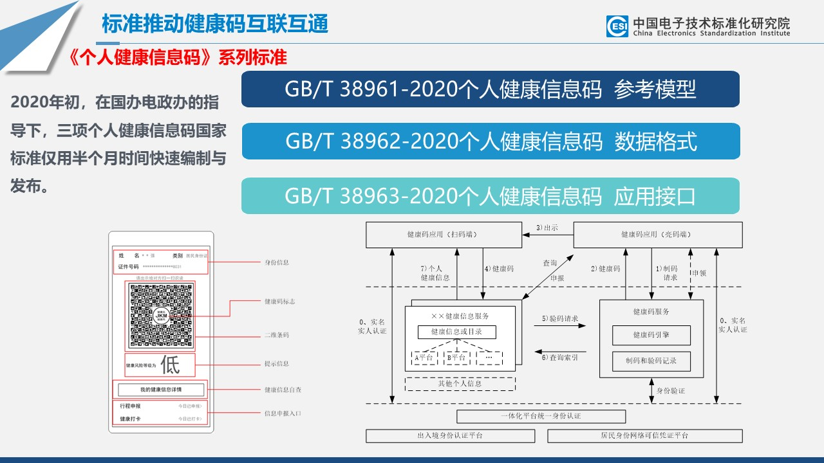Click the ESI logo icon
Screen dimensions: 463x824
617,26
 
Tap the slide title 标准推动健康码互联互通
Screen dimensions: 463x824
215,24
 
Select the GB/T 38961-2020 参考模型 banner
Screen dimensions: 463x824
490,89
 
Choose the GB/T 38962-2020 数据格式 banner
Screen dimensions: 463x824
490,141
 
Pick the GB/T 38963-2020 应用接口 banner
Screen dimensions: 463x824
490,196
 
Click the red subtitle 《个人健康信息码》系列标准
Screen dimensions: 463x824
177,57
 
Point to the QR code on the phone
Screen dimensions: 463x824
160,316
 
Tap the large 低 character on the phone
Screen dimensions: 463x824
170,365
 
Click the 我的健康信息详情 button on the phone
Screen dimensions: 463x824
161,390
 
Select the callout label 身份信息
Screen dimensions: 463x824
277,262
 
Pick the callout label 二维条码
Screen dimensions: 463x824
277,335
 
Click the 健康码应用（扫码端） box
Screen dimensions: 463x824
444,235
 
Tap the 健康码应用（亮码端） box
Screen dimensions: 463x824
657,235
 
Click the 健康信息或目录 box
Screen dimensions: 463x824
456,332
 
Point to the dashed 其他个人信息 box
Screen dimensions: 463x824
460,384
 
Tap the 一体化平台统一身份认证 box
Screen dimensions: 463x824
541,416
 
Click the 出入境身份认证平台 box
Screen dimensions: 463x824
450,436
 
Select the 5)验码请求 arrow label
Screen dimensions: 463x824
559,318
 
